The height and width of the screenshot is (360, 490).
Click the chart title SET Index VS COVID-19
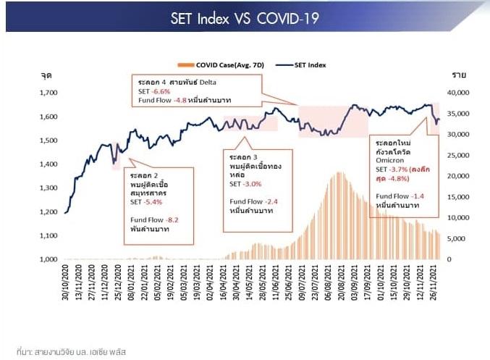[x=245, y=18]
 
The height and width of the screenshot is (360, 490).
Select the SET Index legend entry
[x=305, y=64]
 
